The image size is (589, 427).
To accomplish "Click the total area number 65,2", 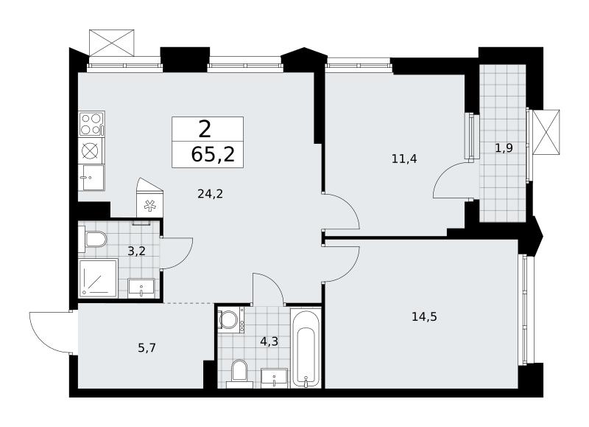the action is [x=213, y=154].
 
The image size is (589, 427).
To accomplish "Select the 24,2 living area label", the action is [x=211, y=194].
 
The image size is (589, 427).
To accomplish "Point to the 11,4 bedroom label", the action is [x=404, y=159].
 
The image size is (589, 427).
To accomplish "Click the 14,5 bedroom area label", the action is [x=424, y=317].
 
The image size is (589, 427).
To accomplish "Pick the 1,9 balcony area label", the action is [x=504, y=148].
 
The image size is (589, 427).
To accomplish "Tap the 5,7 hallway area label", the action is [x=147, y=348].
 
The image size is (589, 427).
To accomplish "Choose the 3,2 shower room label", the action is [x=136, y=251].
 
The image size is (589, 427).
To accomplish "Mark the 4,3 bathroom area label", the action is [x=269, y=341].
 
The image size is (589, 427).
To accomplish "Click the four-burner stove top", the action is [x=91, y=123].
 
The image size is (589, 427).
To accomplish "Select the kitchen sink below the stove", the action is [x=91, y=177].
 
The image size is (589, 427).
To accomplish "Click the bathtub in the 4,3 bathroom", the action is [x=306, y=347].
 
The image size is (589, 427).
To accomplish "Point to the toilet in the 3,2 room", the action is [x=93, y=239].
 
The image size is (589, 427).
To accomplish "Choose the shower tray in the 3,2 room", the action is [x=98, y=277].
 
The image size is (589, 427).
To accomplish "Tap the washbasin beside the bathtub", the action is [x=274, y=378].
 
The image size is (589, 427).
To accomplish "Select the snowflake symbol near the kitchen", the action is [x=150, y=206].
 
